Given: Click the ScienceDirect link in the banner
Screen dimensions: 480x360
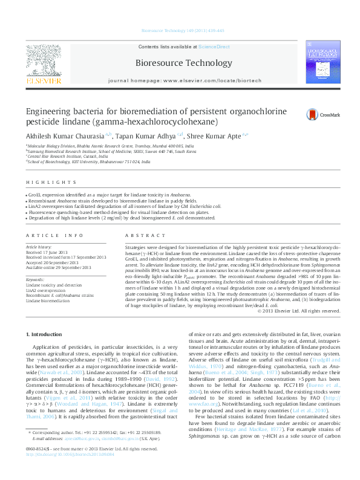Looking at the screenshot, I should (x=214, y=47).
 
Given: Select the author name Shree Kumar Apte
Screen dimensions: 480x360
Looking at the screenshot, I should (x=213, y=136).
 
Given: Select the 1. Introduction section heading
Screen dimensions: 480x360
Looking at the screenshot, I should (x=47, y=334).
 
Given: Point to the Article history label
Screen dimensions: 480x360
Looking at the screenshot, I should (x=39, y=247).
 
